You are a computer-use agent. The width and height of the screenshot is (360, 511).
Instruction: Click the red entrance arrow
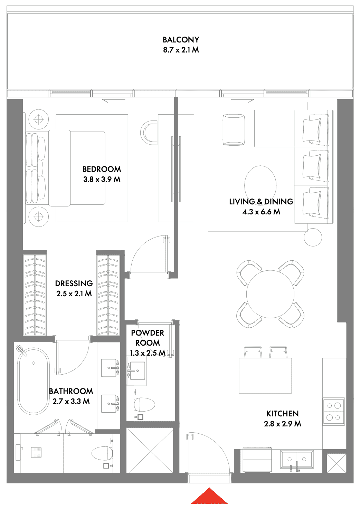[209, 496]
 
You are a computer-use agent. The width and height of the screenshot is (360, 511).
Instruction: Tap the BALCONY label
[181, 40]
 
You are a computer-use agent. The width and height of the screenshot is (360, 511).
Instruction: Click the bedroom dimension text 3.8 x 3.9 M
[102, 179]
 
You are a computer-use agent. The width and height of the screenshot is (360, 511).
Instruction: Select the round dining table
[270, 294]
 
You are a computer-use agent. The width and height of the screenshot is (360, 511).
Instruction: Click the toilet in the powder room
[144, 404]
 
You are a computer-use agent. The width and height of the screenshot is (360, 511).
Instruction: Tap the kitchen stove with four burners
[333, 412]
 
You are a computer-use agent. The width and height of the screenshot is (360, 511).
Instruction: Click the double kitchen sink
[297, 459]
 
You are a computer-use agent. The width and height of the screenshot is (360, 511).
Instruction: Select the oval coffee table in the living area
[260, 185]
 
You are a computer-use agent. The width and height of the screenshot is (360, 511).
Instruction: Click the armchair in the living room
[234, 130]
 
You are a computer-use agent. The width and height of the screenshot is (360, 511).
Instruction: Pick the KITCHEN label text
[282, 414]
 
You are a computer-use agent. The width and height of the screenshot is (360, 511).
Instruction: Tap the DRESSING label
[74, 283]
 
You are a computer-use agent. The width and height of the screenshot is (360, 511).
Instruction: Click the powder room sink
[136, 371]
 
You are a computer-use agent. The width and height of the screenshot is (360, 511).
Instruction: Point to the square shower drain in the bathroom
[37, 452]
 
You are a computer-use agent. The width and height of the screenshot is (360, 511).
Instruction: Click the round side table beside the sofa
[313, 237]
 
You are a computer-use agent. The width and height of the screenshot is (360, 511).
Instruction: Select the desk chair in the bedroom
[148, 133]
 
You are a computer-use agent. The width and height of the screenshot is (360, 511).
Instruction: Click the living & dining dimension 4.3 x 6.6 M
[262, 212]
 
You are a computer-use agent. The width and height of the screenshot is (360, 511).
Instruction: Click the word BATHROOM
[71, 391]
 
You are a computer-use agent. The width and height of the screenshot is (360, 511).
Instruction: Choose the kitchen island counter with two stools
[265, 376]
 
